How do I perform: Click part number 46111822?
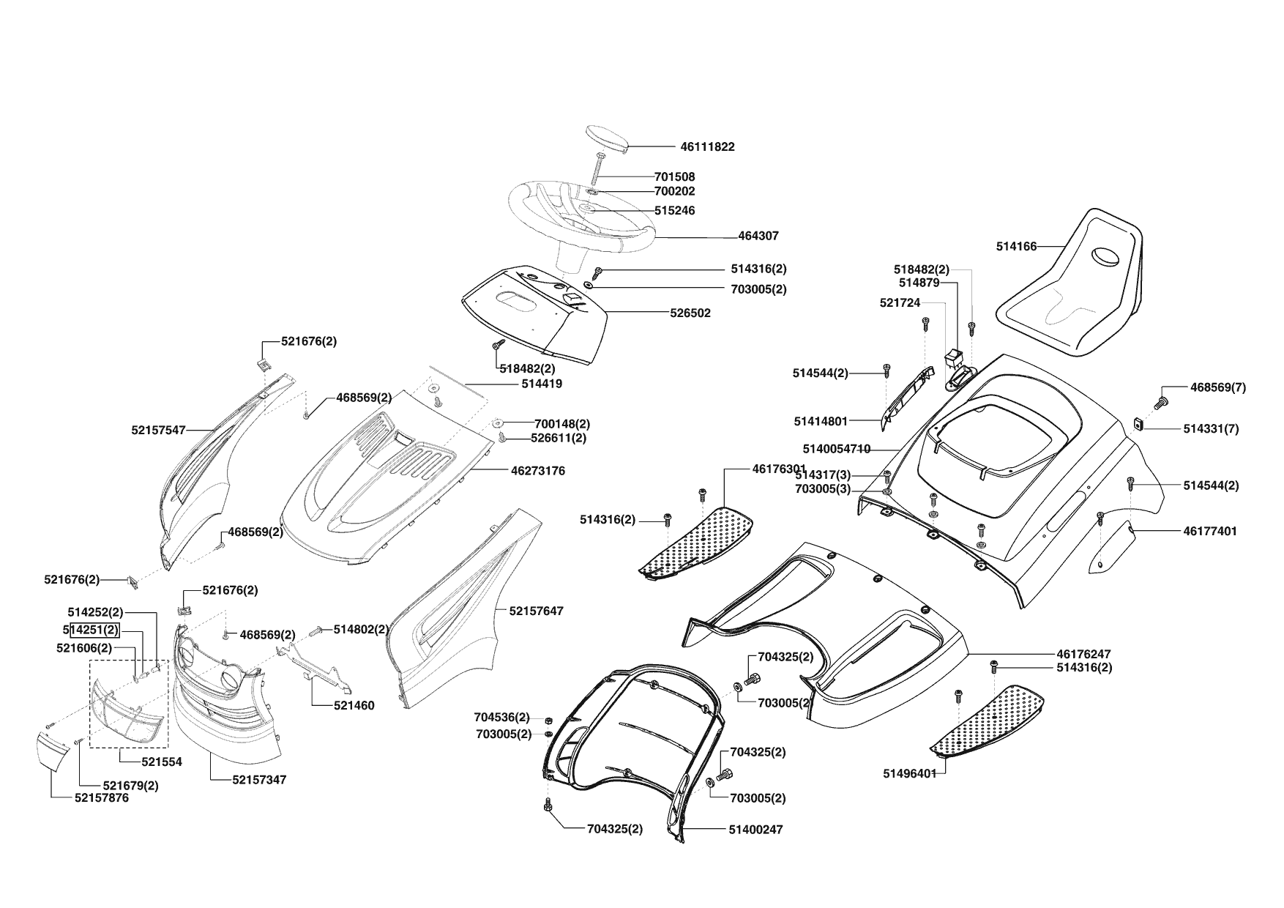click(707, 146)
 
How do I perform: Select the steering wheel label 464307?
click(758, 237)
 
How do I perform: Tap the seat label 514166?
click(1016, 247)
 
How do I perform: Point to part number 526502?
click(690, 313)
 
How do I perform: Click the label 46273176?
click(538, 471)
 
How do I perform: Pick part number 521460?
click(354, 706)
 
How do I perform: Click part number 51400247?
click(755, 830)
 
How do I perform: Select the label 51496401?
click(909, 774)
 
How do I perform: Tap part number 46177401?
click(1210, 531)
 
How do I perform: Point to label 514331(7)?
click(1211, 429)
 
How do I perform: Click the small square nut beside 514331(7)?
click(1139, 423)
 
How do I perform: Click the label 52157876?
click(101, 798)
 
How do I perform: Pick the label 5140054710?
click(836, 449)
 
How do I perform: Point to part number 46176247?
click(1083, 653)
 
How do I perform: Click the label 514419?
click(542, 384)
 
